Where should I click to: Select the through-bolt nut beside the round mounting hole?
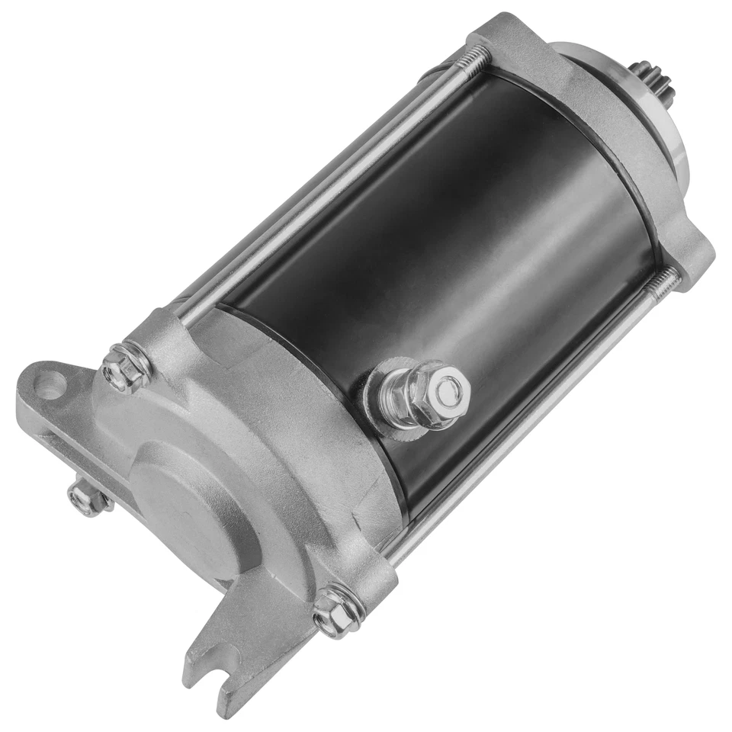[120, 371]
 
